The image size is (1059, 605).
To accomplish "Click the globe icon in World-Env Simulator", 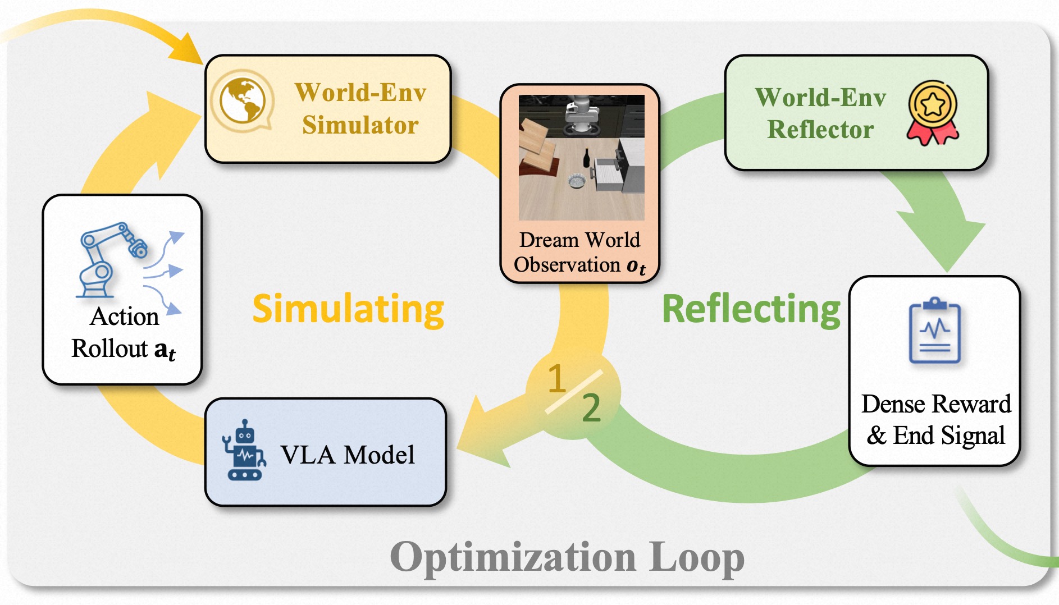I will (242, 101).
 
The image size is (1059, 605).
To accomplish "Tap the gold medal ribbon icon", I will (933, 112).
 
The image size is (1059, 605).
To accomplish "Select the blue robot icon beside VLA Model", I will (244, 450).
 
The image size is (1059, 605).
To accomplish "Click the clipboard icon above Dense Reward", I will (934, 331).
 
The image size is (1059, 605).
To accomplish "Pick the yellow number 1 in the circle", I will (556, 379).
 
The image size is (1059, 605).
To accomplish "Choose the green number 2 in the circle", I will (591, 408).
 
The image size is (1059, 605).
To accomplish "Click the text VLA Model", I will (348, 455).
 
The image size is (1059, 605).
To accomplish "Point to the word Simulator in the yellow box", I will (360, 125).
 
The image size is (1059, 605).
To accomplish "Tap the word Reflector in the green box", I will (820, 130).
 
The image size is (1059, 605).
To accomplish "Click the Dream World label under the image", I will (579, 240).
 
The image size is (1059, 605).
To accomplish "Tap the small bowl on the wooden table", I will (577, 181).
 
